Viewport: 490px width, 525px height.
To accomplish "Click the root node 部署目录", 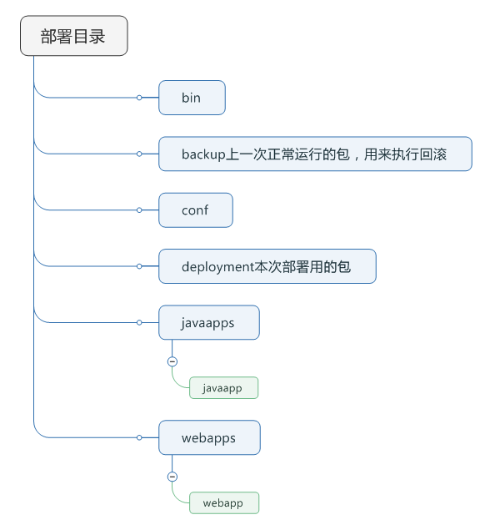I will point(73,36).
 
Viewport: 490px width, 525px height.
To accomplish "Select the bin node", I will point(192,98).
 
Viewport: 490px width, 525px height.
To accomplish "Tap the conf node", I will point(195,210).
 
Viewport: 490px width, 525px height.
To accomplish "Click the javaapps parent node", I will point(208,322).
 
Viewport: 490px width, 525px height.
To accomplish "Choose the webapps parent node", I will point(209,437).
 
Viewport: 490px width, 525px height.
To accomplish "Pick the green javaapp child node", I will point(223,388).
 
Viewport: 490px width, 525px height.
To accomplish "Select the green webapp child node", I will point(223,503).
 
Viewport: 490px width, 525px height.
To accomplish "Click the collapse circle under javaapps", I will point(172,361).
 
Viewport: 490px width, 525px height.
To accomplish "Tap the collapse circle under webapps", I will point(172,477).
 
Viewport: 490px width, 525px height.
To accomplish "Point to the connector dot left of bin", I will point(140,98).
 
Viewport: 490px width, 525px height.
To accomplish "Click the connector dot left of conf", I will point(140,210).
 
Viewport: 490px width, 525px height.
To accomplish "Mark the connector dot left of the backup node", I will point(140,154).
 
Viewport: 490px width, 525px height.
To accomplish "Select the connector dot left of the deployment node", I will point(140,266).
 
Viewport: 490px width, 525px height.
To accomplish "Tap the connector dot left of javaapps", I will point(140,322).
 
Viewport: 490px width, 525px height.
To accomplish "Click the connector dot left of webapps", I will point(140,437).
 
